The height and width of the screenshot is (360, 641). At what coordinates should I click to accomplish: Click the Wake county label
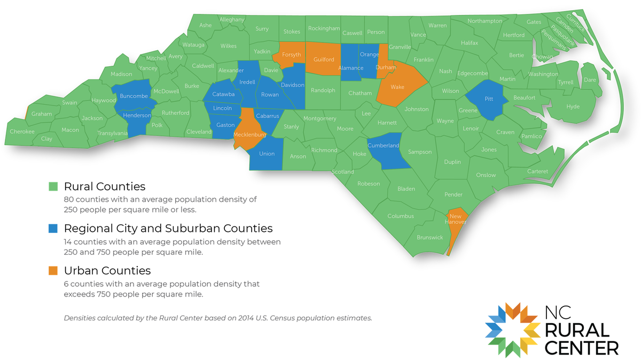tap(397, 87)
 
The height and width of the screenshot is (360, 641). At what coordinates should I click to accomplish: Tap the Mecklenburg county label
tap(249, 135)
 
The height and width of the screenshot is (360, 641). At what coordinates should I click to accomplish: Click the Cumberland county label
tap(383, 145)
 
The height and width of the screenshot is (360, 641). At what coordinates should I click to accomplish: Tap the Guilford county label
tap(324, 60)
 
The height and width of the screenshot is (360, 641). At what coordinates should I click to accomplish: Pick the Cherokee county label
tap(22, 131)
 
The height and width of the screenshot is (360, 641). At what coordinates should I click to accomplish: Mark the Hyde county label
tap(573, 107)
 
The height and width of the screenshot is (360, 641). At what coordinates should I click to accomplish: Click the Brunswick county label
tap(429, 237)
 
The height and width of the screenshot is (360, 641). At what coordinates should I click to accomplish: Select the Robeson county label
tap(369, 184)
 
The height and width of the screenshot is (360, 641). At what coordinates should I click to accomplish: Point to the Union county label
tap(267, 154)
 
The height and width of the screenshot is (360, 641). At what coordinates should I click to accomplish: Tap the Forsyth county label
tap(291, 55)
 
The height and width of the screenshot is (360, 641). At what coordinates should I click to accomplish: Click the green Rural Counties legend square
tap(53, 187)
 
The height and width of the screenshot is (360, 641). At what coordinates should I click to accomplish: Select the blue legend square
tap(53, 229)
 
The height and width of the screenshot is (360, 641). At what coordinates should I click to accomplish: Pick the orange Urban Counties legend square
tap(53, 271)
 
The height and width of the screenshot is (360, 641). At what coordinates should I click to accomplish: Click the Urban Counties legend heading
tap(107, 271)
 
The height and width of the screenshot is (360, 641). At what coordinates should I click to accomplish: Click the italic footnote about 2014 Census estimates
tap(217, 318)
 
